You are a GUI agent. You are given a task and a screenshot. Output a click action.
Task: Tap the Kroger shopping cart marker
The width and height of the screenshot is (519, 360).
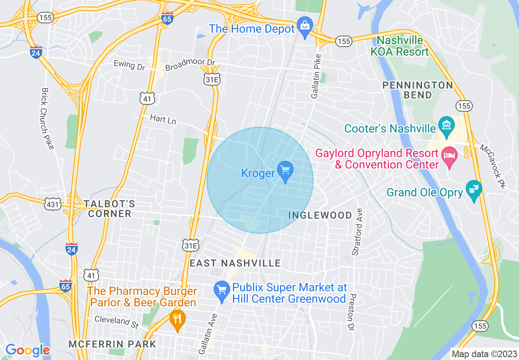285,170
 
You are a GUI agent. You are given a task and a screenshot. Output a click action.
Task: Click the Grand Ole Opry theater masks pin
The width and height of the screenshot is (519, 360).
474,189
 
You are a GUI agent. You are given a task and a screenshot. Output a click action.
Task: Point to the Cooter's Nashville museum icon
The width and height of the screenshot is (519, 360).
446,124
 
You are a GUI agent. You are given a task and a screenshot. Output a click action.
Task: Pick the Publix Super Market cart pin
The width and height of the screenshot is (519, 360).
221,291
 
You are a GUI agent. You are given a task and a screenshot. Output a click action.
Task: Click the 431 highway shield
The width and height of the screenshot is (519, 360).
54,203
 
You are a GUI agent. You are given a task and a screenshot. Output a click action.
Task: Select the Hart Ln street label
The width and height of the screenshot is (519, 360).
163,119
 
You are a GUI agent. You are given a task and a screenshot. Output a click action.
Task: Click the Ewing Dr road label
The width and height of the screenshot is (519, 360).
129,65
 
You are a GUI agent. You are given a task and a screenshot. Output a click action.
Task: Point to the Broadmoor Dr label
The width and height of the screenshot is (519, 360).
190,65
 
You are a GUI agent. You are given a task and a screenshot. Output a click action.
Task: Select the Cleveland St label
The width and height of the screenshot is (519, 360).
116,322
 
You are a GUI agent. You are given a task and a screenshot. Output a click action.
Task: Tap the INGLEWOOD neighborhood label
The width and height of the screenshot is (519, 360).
320,215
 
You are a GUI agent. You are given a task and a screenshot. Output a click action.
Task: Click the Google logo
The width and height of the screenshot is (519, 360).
27,350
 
